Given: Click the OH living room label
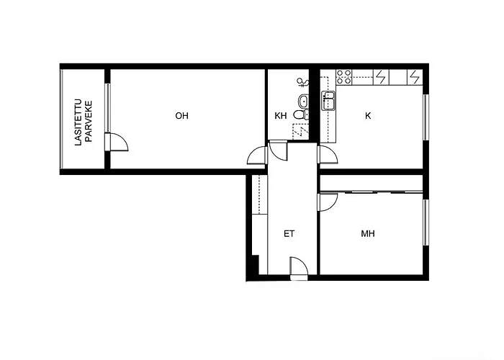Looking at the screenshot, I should click(x=181, y=115).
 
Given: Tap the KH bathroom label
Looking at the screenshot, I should click(x=281, y=116).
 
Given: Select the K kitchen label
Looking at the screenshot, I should click(x=368, y=115).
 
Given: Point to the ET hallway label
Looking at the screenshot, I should click(x=289, y=234).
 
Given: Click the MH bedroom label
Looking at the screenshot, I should click(x=368, y=234).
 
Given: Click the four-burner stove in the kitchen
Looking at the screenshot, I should click(x=343, y=75).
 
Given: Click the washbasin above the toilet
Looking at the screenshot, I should click(x=303, y=100).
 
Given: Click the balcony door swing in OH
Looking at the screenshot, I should click(x=117, y=143).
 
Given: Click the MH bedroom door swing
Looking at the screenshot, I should click(x=326, y=202).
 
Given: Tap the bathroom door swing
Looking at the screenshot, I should click(x=278, y=152).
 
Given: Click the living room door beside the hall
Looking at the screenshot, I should click(x=257, y=156).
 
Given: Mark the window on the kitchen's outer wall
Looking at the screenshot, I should click(x=426, y=117).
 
